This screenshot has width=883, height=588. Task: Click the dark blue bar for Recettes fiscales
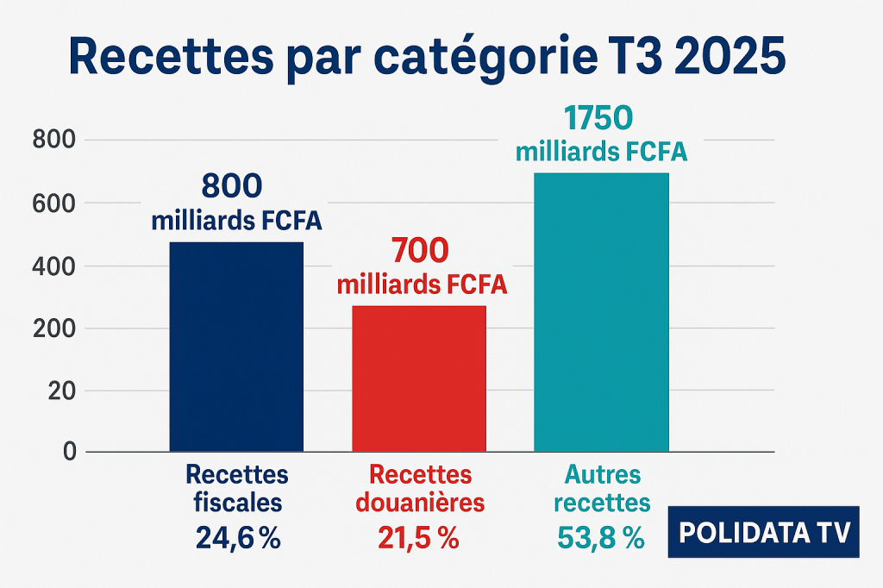(237, 347)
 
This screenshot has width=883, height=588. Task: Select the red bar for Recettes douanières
(419, 378)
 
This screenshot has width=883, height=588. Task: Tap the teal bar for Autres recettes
(601, 312)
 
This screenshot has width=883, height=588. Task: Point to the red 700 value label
(420, 250)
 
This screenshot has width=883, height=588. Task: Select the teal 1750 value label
(600, 119)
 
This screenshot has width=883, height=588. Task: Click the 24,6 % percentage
(238, 538)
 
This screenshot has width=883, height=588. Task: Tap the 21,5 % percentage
(418, 538)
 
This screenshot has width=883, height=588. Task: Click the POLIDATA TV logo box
(764, 532)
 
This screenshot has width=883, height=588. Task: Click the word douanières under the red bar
(419, 503)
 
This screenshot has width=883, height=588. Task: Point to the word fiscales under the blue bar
(237, 503)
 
